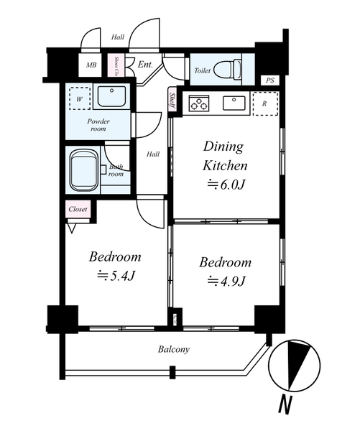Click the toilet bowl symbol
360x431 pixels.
click(x=228, y=70)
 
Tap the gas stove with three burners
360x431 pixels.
click(x=199, y=103)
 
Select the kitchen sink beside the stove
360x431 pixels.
click(x=234, y=103)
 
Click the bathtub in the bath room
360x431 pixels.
click(x=84, y=170)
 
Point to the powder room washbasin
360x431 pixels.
click(x=111, y=96)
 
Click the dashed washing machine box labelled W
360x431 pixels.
click(x=80, y=98)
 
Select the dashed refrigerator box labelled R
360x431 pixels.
click(x=265, y=103)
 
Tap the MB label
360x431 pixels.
click(x=91, y=65)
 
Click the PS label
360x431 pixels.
click(x=270, y=80)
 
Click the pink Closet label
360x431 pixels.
click(x=78, y=209)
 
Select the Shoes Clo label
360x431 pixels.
click(x=116, y=66)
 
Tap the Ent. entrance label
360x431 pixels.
click(x=145, y=65)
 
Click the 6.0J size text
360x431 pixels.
click(x=226, y=185)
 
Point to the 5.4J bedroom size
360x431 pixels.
click(x=116, y=276)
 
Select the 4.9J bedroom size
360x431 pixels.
click(x=226, y=281)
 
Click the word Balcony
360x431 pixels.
click(x=174, y=350)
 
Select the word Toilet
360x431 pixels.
click(x=202, y=70)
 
